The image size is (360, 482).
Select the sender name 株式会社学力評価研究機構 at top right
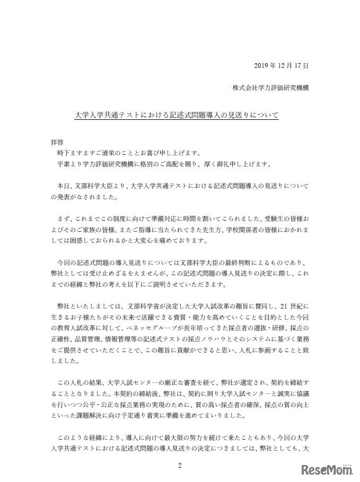pyautogui.click(x=270, y=88)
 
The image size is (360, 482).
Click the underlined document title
pyautogui.click(x=175, y=114)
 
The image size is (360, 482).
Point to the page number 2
pyautogui.click(x=180, y=466)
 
